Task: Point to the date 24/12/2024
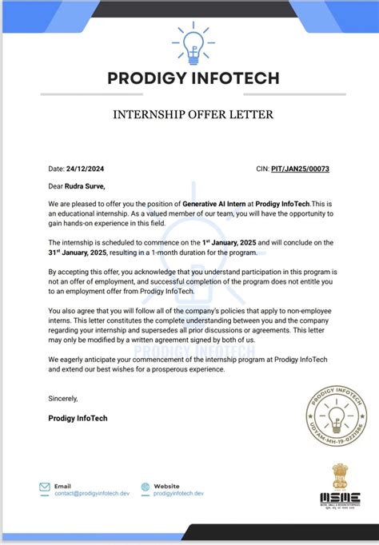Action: coord(86,169)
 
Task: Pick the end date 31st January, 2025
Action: coord(78,253)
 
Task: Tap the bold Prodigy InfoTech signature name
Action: coord(78,418)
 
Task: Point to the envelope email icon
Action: coord(45,487)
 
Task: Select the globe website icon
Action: coord(145,487)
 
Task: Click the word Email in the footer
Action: coord(62,486)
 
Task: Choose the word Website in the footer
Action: coord(166,486)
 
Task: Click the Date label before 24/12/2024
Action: coord(55,169)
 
